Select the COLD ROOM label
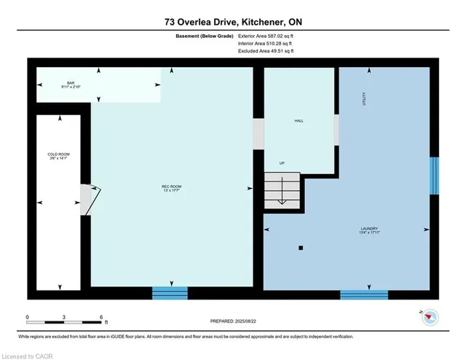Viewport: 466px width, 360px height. coord(58,157)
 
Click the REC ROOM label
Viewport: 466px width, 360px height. coord(170,189)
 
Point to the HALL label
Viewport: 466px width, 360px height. coord(299,121)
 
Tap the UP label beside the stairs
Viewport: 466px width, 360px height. coord(281,163)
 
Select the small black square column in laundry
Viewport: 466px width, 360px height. coord(300,249)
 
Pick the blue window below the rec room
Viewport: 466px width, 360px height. coord(170,293)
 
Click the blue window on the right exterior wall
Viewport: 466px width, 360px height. coord(434,176)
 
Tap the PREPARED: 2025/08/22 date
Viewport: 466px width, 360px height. coord(233,321)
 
